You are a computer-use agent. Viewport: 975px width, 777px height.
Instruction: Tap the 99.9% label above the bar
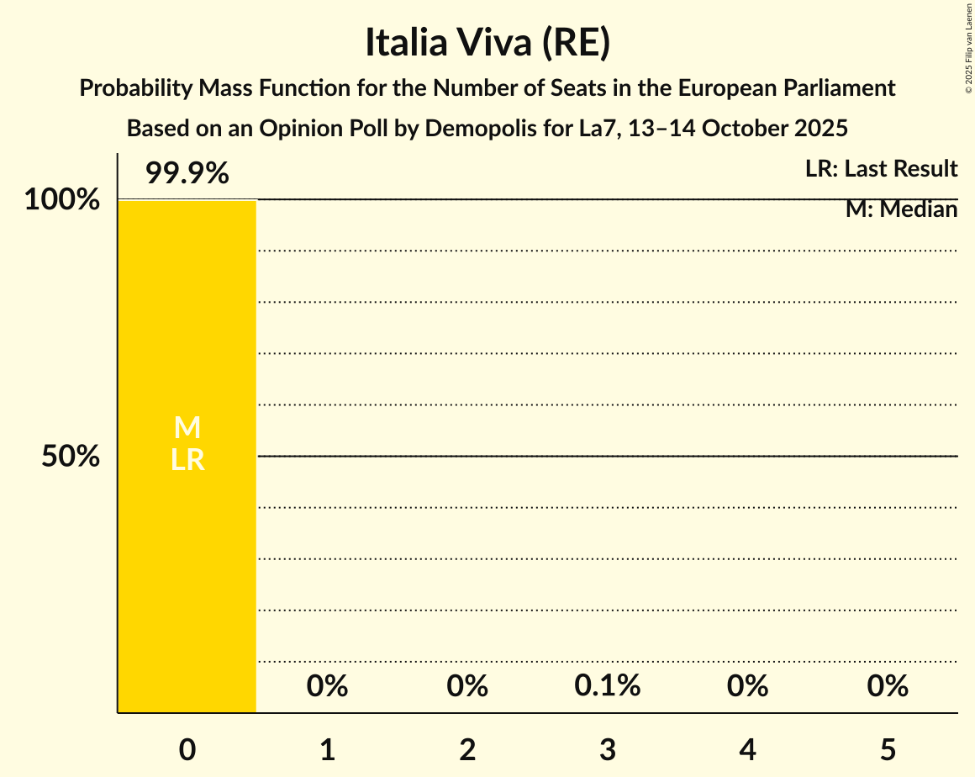click(187, 174)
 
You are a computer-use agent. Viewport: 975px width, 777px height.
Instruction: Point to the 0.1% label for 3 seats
click(608, 686)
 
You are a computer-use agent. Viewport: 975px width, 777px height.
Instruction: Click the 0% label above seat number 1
click(327, 686)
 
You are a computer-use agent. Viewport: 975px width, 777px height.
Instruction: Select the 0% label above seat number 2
click(467, 686)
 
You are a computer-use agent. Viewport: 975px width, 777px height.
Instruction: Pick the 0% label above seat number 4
click(748, 686)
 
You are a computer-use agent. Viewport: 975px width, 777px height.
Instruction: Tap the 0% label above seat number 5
click(888, 686)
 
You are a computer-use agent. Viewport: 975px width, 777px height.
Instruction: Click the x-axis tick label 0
click(187, 749)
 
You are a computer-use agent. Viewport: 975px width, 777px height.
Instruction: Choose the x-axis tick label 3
click(608, 749)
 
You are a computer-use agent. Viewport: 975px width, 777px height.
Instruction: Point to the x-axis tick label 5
click(888, 749)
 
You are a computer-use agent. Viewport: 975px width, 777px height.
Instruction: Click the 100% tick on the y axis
click(61, 200)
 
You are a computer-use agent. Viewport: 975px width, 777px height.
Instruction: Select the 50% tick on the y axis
click(71, 457)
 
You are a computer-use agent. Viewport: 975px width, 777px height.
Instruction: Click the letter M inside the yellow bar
click(187, 428)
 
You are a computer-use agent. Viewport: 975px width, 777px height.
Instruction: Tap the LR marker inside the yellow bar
click(187, 459)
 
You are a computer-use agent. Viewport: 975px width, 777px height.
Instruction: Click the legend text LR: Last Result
click(881, 169)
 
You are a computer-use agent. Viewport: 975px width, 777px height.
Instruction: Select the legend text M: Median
click(901, 209)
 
